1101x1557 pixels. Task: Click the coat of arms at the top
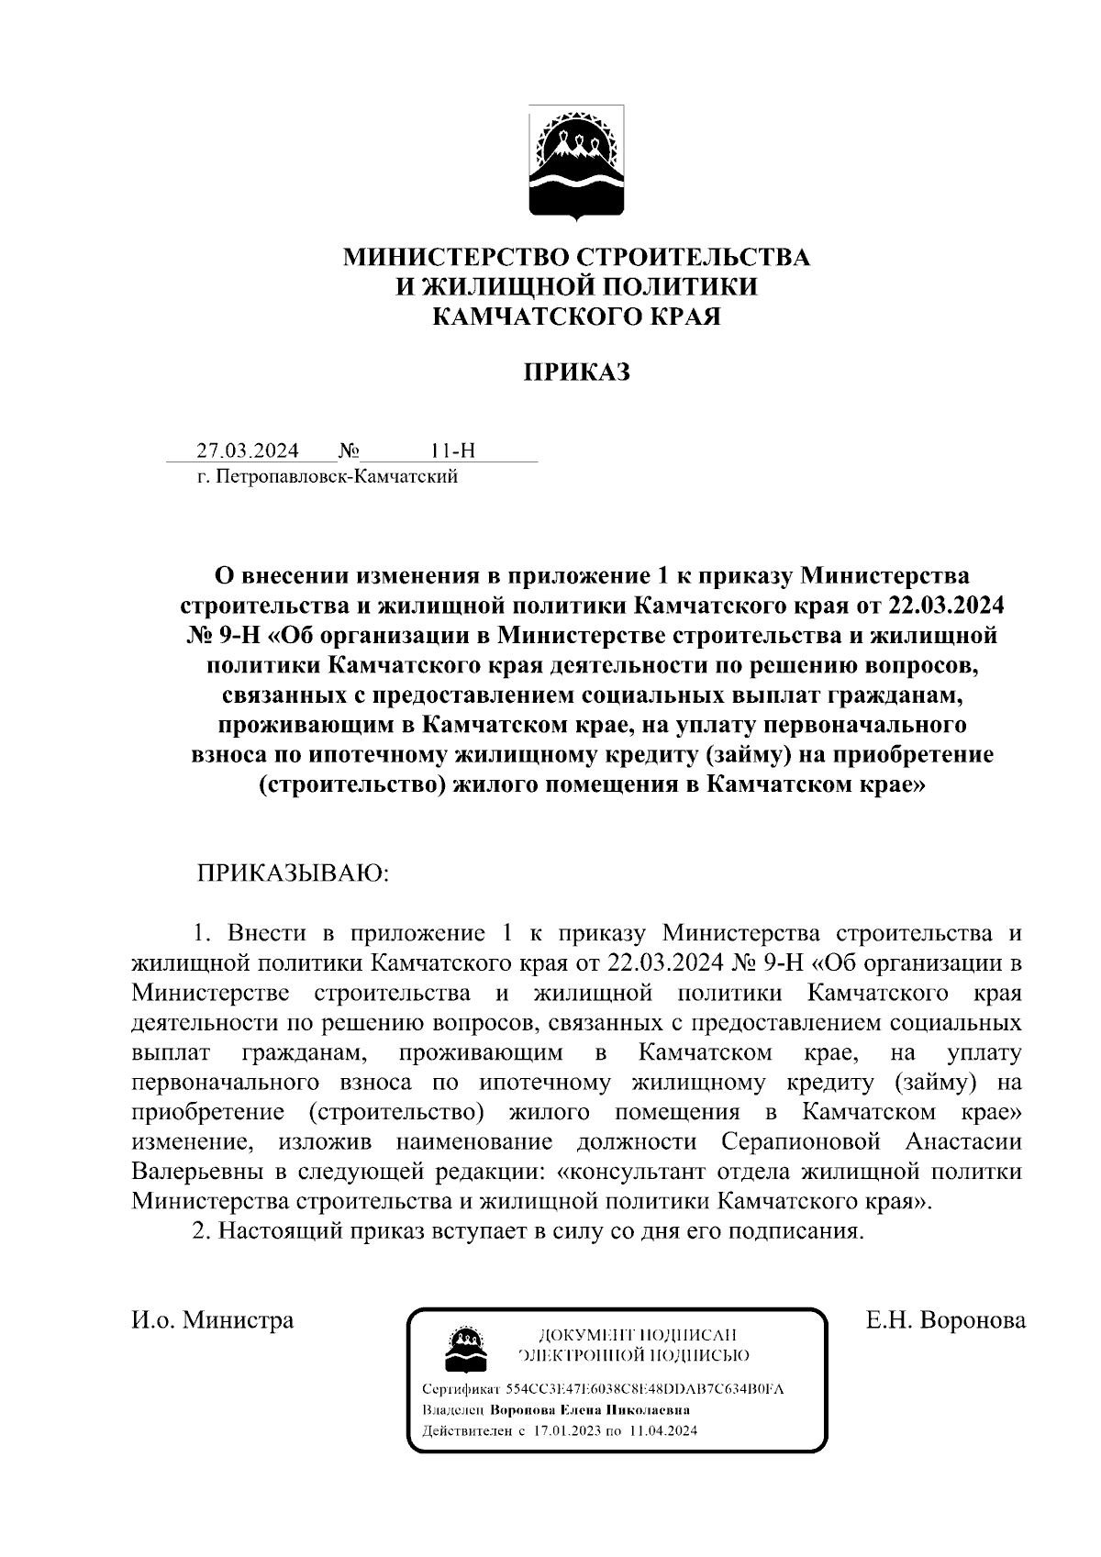click(576, 162)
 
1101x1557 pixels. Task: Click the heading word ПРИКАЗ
click(576, 373)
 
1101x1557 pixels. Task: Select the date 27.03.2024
click(247, 450)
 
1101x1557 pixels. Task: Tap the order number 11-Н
click(452, 450)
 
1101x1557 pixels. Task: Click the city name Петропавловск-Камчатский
click(335, 476)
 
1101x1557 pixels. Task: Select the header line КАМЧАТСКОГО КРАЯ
click(576, 317)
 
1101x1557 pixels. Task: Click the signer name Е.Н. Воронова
click(945, 1320)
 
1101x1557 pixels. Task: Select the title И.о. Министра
click(213, 1320)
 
